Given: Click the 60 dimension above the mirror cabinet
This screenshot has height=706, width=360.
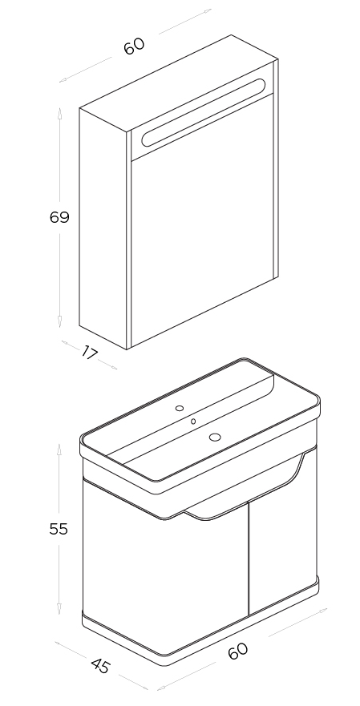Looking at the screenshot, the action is [x=134, y=46].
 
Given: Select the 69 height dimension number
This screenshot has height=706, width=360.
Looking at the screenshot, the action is [x=59, y=217].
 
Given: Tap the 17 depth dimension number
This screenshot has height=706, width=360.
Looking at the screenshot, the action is [x=89, y=353].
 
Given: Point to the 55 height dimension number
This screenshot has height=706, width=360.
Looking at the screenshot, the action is [x=59, y=529].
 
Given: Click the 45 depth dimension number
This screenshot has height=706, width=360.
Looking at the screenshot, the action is [x=100, y=666].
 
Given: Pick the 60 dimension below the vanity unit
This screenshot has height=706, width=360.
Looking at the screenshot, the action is [x=238, y=651].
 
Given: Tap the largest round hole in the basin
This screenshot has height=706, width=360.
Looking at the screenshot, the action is [x=215, y=436].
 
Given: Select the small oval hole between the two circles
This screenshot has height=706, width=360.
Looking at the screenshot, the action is [x=193, y=422].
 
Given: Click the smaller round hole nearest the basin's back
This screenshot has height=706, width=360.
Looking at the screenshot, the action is [x=180, y=409].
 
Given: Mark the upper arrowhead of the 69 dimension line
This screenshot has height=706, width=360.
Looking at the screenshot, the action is [x=59, y=111].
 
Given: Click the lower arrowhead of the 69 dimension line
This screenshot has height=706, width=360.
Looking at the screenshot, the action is [x=59, y=321].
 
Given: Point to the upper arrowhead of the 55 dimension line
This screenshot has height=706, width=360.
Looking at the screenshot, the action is [x=59, y=449].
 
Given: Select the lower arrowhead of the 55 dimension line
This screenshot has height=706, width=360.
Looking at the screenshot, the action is [x=59, y=609].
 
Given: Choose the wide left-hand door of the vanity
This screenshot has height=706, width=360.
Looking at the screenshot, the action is [x=167, y=572].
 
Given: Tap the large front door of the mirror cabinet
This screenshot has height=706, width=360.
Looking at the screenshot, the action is [x=203, y=216].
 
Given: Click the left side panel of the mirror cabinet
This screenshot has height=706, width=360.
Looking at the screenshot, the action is [x=103, y=228].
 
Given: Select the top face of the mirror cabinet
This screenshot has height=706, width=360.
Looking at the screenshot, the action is [x=179, y=83].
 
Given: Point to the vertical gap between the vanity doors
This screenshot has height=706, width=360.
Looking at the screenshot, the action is [x=249, y=559].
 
